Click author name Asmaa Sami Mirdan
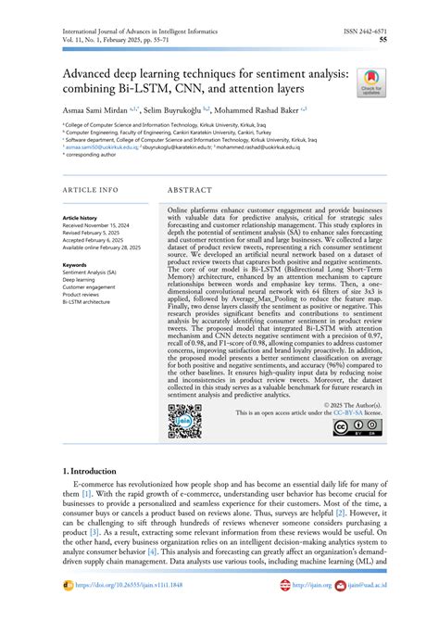pyautogui.click(x=95, y=108)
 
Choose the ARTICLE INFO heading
pyautogui.click(x=90, y=189)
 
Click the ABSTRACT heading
pyautogui.click(x=192, y=189)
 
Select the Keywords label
pyautogui.click(x=75, y=265)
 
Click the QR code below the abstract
pyautogui.click(x=184, y=422)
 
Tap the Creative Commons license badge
pyautogui.click(x=354, y=427)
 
